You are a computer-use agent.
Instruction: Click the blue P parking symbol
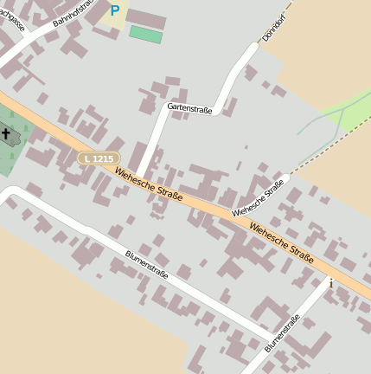114,10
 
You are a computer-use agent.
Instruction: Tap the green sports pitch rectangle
145,35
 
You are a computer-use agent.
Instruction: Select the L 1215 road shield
96,158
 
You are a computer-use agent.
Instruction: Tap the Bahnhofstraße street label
74,14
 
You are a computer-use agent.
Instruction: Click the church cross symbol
7,134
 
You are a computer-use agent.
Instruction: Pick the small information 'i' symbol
330,282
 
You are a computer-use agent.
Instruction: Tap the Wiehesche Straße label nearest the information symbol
281,242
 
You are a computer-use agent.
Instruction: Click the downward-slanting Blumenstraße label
147,267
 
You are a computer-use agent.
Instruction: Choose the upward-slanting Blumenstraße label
283,333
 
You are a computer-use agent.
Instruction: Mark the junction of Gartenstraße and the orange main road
138,169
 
